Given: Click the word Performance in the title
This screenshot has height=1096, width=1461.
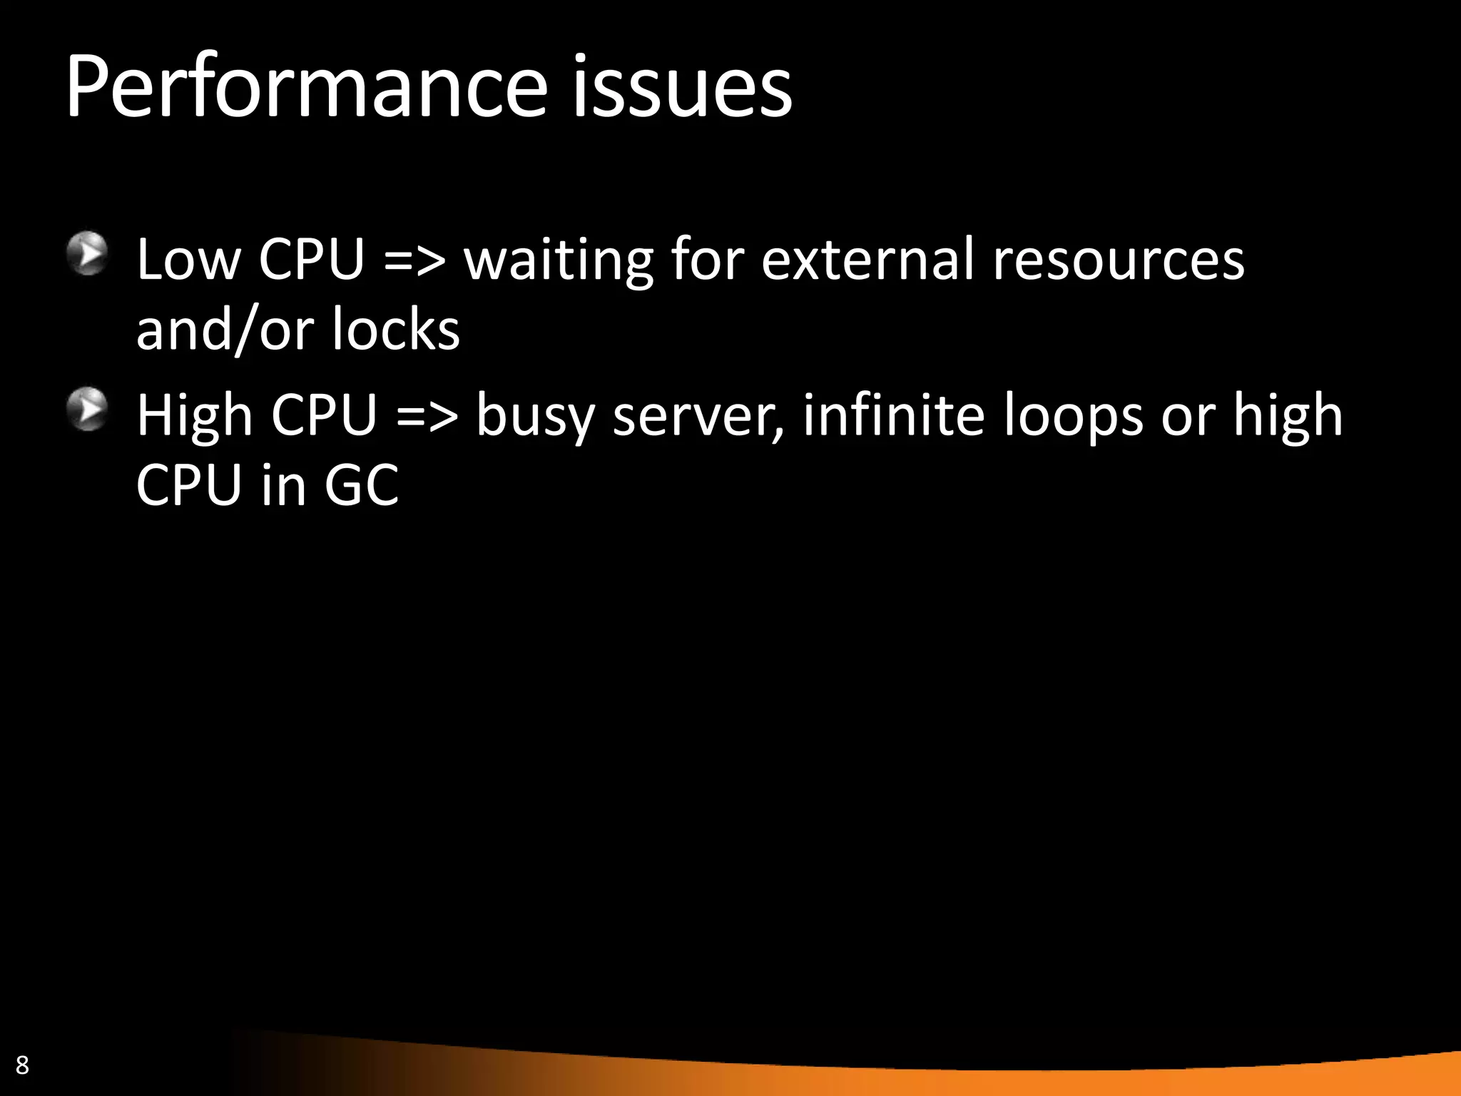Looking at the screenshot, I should tap(307, 88).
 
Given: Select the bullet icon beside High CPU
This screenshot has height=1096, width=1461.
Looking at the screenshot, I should tap(88, 410).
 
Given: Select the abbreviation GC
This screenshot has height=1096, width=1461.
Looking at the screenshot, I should tap(362, 485).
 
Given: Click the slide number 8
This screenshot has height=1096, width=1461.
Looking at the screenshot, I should tap(22, 1065).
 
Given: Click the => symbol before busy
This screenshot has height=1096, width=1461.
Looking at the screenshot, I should tap(427, 415).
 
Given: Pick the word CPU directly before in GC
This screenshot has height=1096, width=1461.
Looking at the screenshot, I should tap(189, 485).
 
